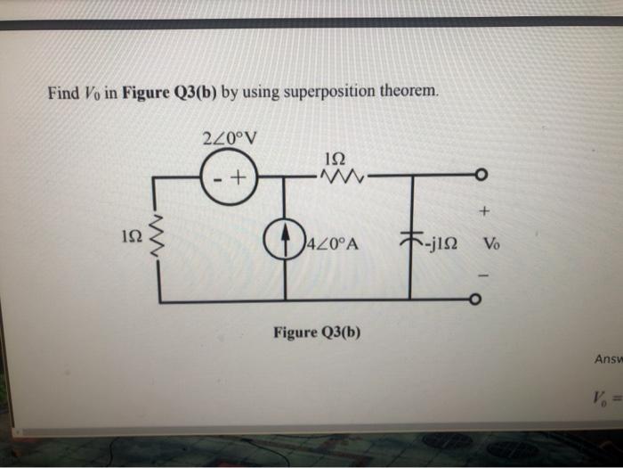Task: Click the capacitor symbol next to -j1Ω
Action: [x=410, y=240]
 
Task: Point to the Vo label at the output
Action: [x=492, y=244]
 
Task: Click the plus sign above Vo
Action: [x=484, y=212]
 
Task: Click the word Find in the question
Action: [x=64, y=92]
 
